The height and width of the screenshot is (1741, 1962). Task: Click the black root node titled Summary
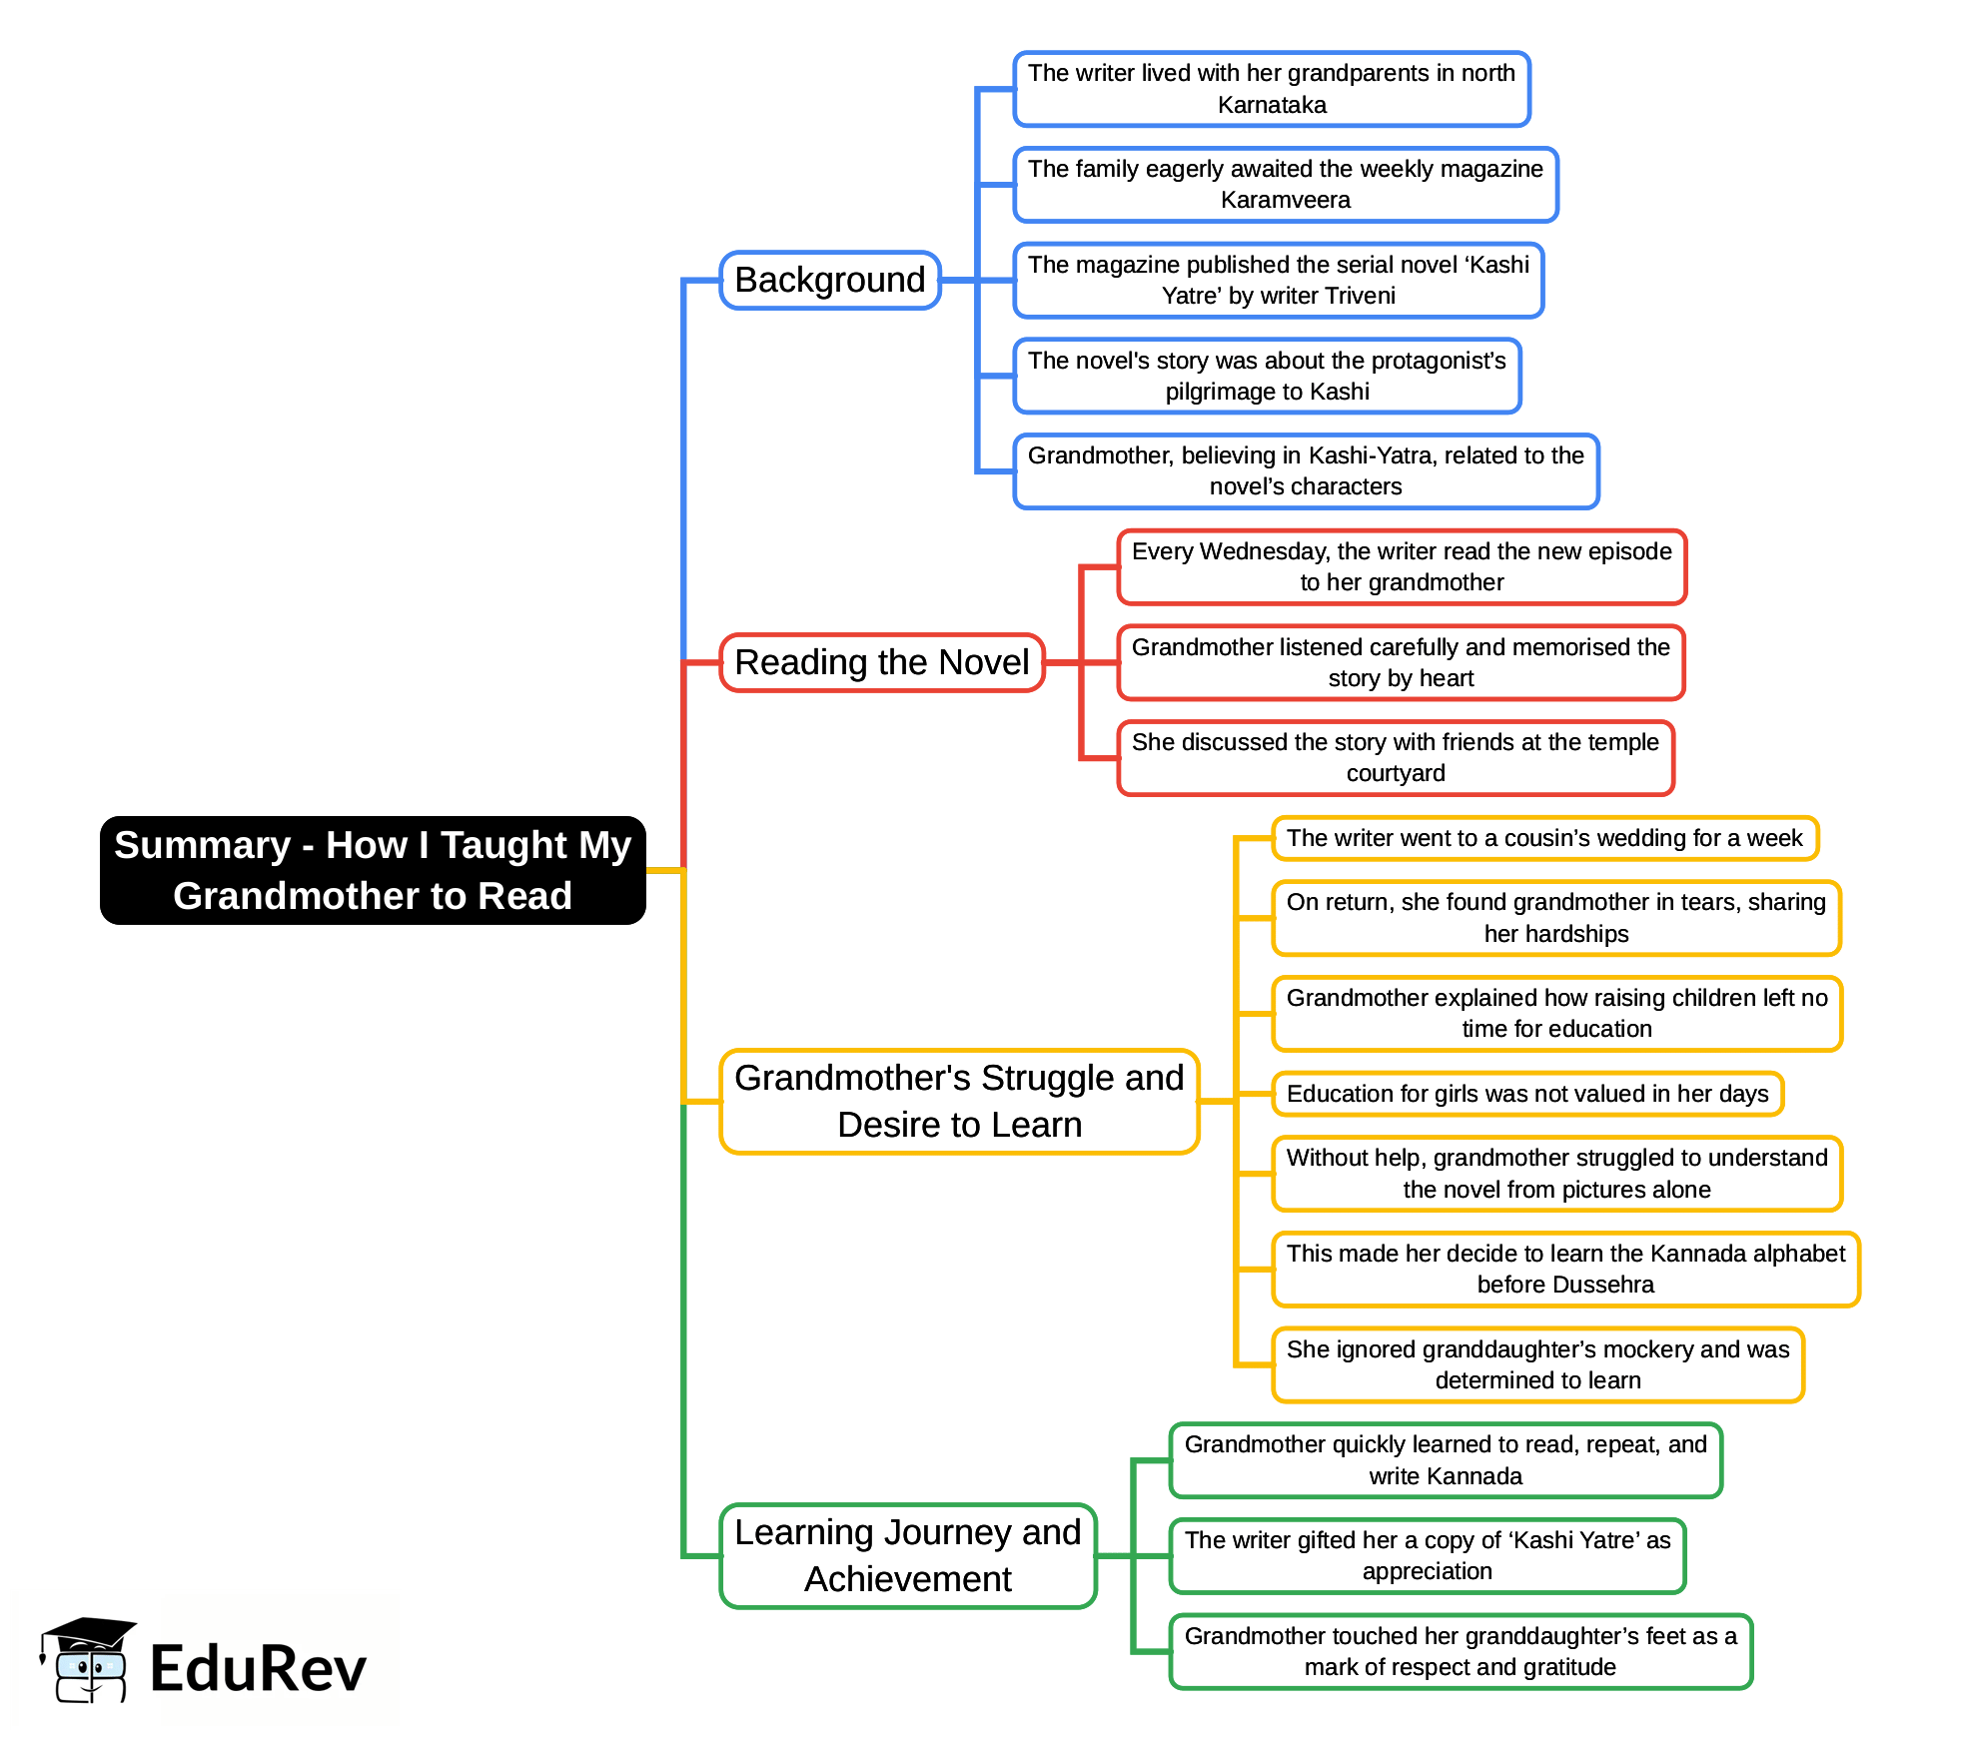373,870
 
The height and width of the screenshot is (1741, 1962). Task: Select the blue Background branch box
830,280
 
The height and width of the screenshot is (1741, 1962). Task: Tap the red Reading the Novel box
881,662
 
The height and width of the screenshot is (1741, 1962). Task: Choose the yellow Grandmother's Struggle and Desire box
959,1101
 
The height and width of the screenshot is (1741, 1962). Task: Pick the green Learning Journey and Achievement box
907,1555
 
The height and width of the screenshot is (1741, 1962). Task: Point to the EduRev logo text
258,1669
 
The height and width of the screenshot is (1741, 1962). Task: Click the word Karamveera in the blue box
1285,200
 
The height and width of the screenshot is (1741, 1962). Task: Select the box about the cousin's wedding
1544,838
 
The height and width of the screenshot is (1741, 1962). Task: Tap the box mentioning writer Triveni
1278,281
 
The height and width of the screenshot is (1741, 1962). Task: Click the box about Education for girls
1527,1094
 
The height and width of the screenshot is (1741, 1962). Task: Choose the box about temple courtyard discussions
1395,758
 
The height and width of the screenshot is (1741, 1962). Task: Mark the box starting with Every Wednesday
1402,567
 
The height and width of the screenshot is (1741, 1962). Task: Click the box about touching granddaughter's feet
1461,1651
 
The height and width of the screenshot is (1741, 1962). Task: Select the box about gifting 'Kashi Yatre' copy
1427,1555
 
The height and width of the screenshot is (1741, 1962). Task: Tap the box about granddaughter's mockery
1537,1364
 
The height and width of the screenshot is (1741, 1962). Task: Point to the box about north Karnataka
1272,89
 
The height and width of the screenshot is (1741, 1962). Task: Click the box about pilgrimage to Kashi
1267,376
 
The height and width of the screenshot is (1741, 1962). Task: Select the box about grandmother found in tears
1555,918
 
